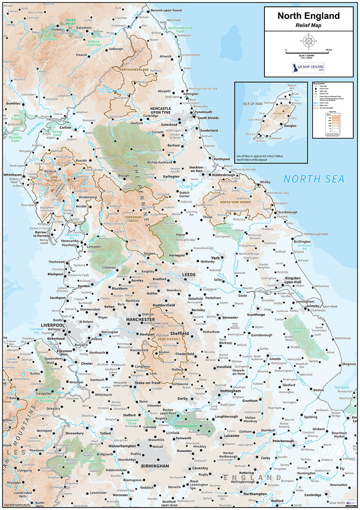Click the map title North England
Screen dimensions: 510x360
(x=308, y=16)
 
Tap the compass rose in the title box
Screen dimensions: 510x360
(x=309, y=41)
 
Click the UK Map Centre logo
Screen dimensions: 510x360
(x=308, y=68)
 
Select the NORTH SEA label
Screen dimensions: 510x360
(x=314, y=179)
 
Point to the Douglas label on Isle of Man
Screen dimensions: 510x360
(x=290, y=126)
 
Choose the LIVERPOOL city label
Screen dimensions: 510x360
(x=53, y=326)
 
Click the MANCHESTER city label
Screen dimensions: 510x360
(x=140, y=320)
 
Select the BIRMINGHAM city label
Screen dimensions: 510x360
(x=155, y=466)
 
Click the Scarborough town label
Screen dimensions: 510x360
(x=288, y=212)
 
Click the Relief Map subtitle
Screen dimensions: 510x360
(x=308, y=25)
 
